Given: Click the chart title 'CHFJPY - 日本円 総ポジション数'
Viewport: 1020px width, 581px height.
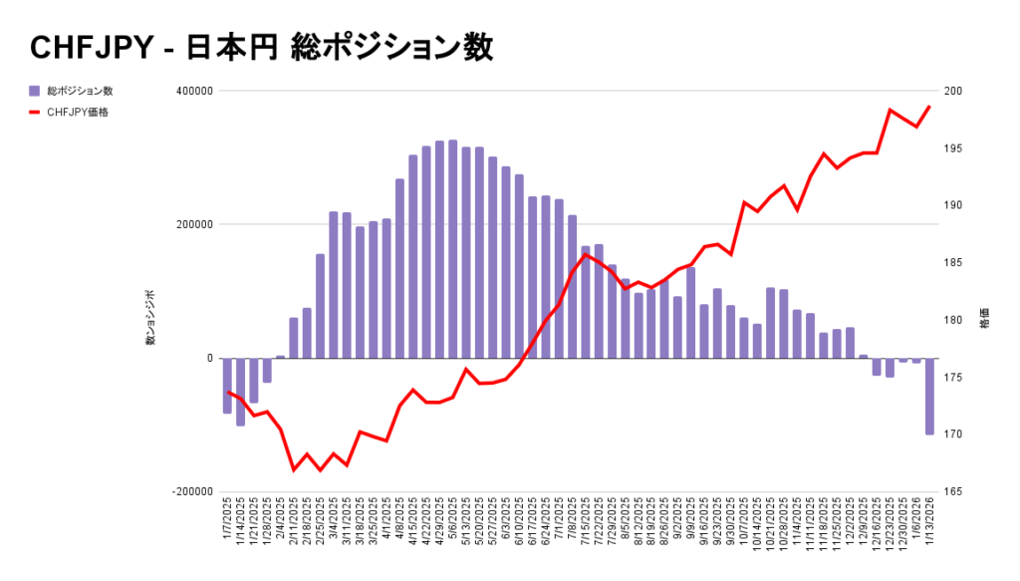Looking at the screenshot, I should (262, 47).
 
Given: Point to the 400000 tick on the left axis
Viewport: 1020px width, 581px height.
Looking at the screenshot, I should (194, 92).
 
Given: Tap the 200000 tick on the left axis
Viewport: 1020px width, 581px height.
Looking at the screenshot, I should (194, 225).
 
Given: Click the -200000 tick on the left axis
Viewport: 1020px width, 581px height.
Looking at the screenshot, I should (192, 492).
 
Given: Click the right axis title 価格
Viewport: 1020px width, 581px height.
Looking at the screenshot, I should (984, 319).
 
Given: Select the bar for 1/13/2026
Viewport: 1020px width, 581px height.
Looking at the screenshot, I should (929, 396).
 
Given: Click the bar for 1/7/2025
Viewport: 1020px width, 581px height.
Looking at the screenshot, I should (227, 386).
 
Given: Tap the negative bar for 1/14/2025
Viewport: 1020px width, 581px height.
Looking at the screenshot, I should (240, 392).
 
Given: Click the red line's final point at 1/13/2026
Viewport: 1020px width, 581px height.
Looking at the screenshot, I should (929, 107).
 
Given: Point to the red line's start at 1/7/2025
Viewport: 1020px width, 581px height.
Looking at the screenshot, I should (227, 392).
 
